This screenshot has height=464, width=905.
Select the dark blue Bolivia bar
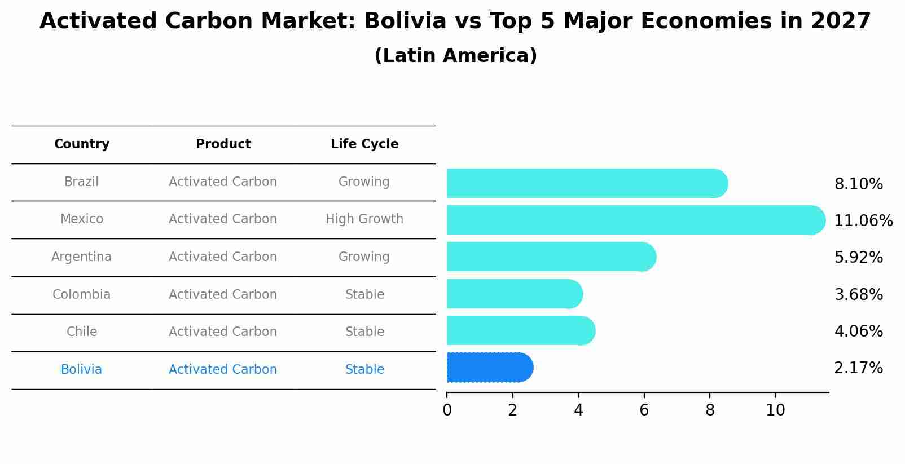click(x=488, y=368)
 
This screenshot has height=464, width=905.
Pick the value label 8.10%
click(x=858, y=184)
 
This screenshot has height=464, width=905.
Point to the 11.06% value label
click(x=863, y=221)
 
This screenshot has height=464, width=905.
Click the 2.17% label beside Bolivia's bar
click(x=858, y=368)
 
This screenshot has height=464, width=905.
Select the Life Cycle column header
click(x=364, y=144)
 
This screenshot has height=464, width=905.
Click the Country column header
click(x=82, y=144)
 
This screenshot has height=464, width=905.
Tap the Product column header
click(x=223, y=144)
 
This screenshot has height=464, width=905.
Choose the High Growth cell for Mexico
click(x=364, y=219)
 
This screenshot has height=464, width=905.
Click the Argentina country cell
click(x=82, y=257)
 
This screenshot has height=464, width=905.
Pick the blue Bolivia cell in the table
click(x=82, y=370)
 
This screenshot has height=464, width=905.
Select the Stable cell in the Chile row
click(x=364, y=332)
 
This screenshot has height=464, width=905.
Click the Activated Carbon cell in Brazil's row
click(x=223, y=182)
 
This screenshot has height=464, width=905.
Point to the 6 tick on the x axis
click(x=644, y=410)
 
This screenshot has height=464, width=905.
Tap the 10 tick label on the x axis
click(x=775, y=410)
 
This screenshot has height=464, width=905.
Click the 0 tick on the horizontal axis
click(x=447, y=410)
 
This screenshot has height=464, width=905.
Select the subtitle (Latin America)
click(x=455, y=56)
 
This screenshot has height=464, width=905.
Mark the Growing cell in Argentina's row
click(x=364, y=257)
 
